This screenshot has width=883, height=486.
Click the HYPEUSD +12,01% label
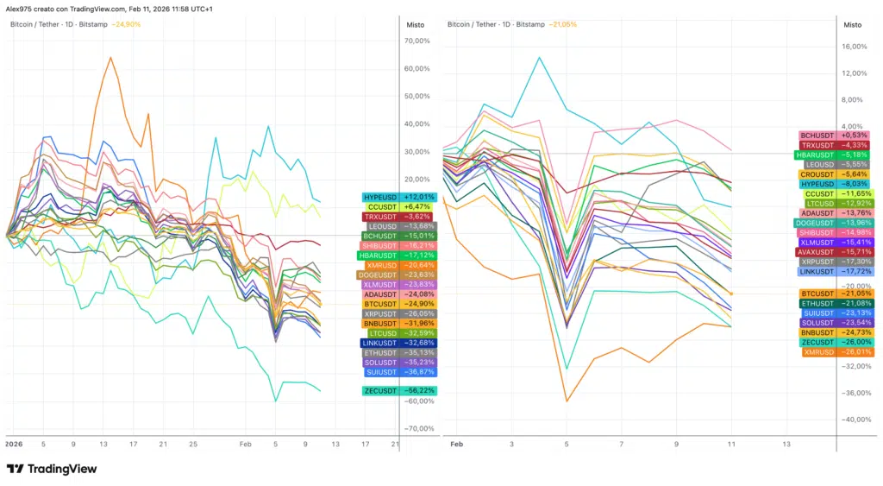(x=400, y=197)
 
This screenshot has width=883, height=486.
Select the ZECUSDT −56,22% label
(x=400, y=391)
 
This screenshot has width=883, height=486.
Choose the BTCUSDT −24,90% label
(x=400, y=304)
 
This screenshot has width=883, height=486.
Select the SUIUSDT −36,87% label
(x=400, y=372)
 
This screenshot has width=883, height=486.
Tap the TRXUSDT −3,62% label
(x=400, y=217)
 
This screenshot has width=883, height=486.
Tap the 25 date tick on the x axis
(x=193, y=445)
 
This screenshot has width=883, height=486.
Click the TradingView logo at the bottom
(x=52, y=469)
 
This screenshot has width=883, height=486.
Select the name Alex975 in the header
(x=19, y=9)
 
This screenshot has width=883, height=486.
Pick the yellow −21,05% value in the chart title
(x=562, y=24)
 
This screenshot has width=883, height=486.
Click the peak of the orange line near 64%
(x=110, y=58)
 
